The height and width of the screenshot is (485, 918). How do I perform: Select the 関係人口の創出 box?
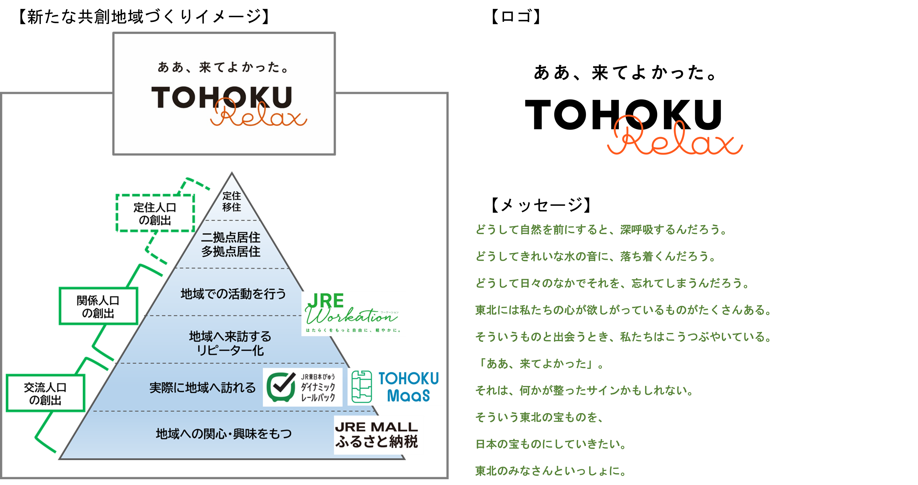(x=98, y=307)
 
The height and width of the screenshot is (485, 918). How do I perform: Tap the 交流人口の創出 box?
(x=45, y=393)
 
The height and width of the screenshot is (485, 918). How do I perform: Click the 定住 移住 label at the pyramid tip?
(x=232, y=201)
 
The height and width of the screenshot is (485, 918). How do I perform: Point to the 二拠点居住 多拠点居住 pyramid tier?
(x=231, y=244)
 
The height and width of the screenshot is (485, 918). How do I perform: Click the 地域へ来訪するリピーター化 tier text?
(x=230, y=343)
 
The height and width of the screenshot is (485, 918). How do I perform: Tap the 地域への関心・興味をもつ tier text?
(x=224, y=434)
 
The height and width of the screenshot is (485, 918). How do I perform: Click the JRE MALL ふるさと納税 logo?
(x=379, y=435)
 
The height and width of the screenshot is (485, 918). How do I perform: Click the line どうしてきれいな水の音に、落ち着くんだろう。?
(x=596, y=256)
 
